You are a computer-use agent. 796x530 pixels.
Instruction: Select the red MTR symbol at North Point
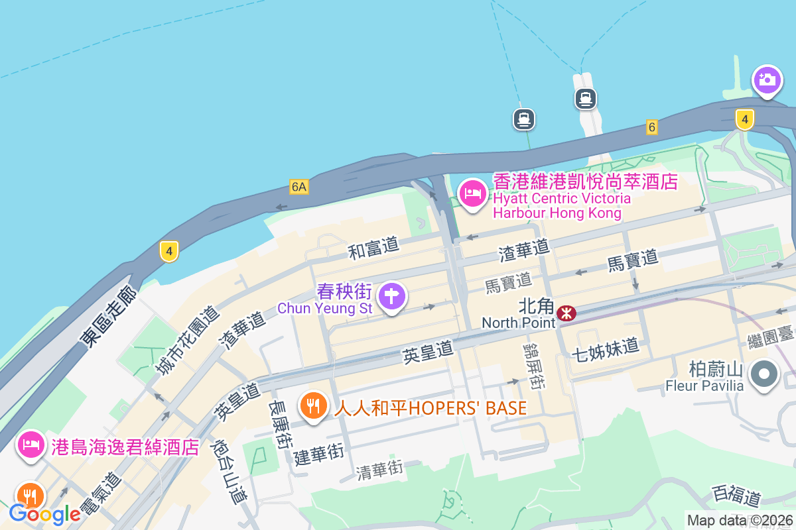click(x=566, y=313)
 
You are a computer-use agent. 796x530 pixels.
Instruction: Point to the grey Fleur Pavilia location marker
click(x=764, y=375)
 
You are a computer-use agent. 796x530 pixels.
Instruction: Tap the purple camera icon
click(x=767, y=80)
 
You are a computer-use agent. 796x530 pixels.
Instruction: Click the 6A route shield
click(x=298, y=187)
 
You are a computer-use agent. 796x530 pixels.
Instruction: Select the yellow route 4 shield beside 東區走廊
click(x=169, y=251)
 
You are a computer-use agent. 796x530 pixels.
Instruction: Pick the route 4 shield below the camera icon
click(x=745, y=120)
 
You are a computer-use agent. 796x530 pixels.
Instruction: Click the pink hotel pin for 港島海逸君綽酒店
click(x=31, y=445)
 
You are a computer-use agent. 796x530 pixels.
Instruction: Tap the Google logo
click(x=44, y=513)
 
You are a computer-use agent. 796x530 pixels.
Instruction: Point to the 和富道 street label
click(x=374, y=248)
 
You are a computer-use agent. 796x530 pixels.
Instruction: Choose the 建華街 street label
click(x=319, y=454)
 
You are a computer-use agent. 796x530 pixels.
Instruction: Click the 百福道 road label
click(x=736, y=494)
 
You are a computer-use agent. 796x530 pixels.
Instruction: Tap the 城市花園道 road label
click(x=186, y=341)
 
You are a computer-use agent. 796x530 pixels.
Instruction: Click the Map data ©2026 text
click(x=740, y=521)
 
